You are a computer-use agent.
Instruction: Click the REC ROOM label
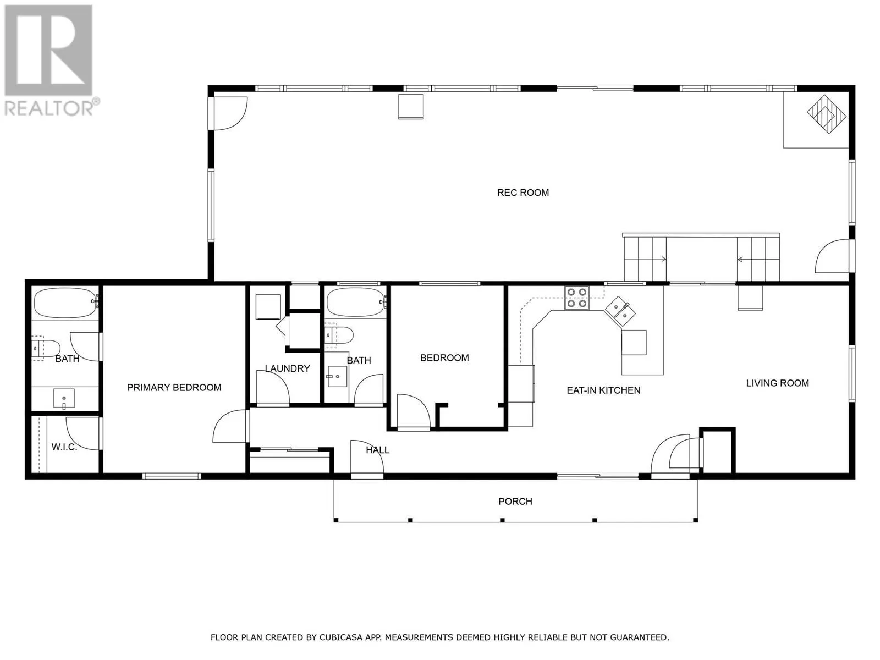click(x=523, y=193)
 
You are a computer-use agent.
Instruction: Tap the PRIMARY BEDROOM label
click(x=174, y=388)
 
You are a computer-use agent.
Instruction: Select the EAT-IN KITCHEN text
click(x=603, y=391)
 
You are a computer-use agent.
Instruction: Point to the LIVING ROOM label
click(x=777, y=383)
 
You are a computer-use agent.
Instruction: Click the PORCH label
click(x=515, y=501)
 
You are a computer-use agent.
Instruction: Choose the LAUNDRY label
click(x=288, y=369)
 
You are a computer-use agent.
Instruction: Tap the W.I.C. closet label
click(x=64, y=447)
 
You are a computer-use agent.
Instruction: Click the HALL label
click(x=378, y=450)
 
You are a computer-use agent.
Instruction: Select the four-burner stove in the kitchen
click(x=577, y=298)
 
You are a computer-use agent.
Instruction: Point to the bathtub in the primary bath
click(x=66, y=303)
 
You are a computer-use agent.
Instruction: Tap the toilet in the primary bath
click(x=46, y=349)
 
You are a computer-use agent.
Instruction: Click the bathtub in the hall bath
click(x=356, y=303)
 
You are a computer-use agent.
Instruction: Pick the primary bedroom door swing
click(x=230, y=426)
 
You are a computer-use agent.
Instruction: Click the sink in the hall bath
click(x=337, y=376)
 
